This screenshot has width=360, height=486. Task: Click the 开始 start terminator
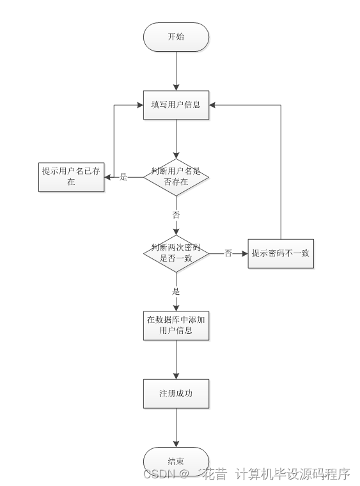pyautogui.click(x=176, y=37)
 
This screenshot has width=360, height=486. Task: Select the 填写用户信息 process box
pyautogui.click(x=176, y=104)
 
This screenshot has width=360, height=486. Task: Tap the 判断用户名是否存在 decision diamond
pyautogui.click(x=176, y=176)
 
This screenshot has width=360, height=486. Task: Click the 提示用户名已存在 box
pyautogui.click(x=71, y=176)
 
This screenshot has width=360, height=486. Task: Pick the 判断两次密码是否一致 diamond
pyautogui.click(x=176, y=253)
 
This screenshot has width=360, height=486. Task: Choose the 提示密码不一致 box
pyautogui.click(x=281, y=253)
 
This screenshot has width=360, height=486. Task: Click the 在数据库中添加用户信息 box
pyautogui.click(x=176, y=325)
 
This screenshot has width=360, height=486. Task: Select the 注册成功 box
pyautogui.click(x=176, y=393)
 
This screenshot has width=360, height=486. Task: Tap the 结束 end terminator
pyautogui.click(x=176, y=461)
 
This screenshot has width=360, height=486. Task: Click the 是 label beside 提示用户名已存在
pyautogui.click(x=124, y=177)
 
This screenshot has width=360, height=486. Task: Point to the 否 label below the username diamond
pyautogui.click(x=176, y=215)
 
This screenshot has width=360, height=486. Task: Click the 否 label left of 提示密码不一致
pyautogui.click(x=228, y=254)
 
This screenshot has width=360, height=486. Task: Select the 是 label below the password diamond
pyautogui.click(x=176, y=291)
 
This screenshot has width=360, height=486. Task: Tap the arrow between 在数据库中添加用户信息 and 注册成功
pyautogui.click(x=176, y=359)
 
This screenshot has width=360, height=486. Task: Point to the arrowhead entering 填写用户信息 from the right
pyautogui.click(x=214, y=104)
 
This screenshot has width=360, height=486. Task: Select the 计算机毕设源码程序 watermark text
pyautogui.click(x=293, y=474)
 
